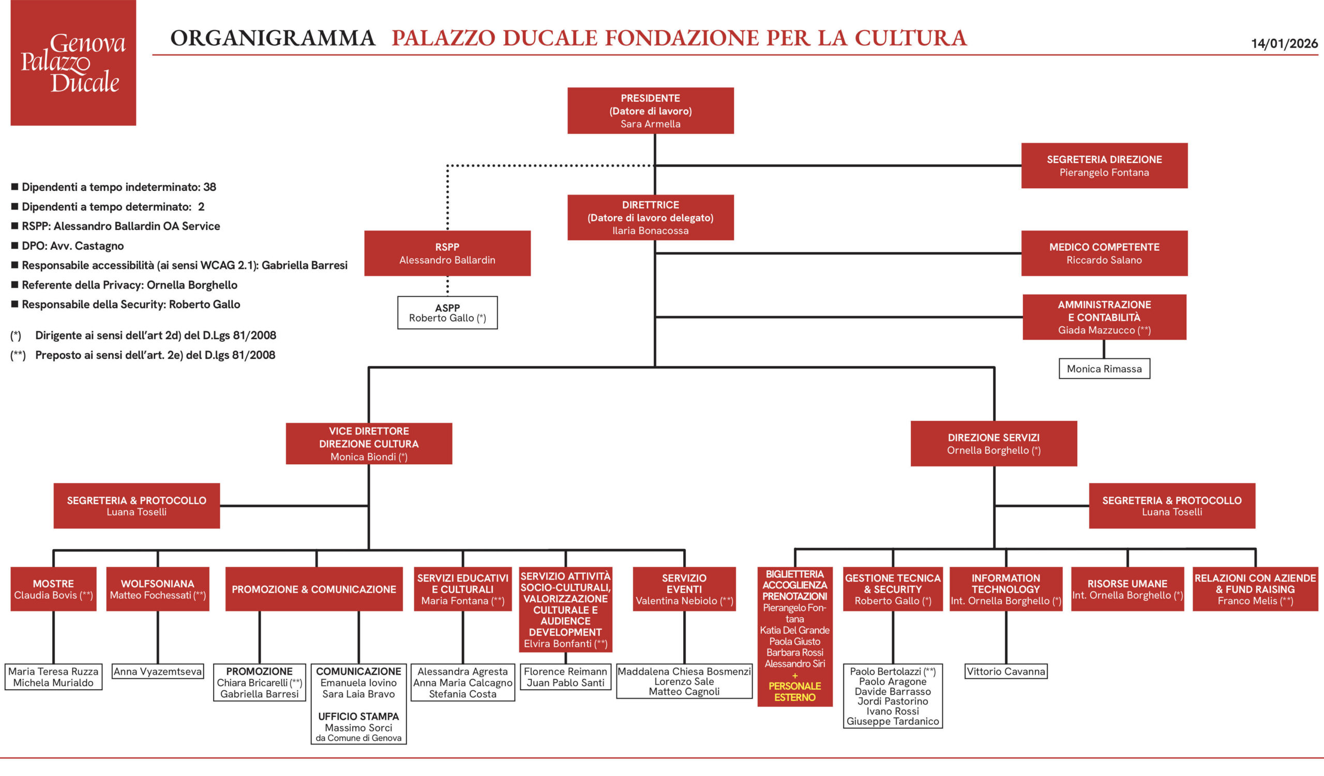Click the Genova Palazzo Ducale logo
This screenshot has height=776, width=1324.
click(x=73, y=63)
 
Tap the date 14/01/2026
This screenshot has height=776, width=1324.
click(x=1284, y=43)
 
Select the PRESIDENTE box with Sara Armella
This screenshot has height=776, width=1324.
click(x=650, y=111)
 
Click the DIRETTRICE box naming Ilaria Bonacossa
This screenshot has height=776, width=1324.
click(x=650, y=217)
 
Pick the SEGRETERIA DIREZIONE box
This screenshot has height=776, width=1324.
click(x=1104, y=165)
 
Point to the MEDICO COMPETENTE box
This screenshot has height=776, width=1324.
click(x=1104, y=253)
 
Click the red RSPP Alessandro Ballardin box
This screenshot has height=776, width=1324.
click(x=447, y=253)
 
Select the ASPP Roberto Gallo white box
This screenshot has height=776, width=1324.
click(x=447, y=313)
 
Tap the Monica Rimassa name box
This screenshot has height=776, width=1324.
click(x=1104, y=369)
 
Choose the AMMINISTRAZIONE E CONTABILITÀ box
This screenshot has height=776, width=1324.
click(x=1104, y=317)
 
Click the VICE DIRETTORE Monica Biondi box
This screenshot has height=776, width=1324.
click(x=369, y=444)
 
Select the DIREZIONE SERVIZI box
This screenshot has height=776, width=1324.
click(x=994, y=444)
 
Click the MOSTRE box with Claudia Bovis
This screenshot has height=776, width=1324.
click(x=53, y=589)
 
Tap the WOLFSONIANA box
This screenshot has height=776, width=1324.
click(x=158, y=589)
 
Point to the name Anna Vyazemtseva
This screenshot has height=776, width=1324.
click(x=158, y=672)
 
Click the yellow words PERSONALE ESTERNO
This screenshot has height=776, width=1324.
click(x=794, y=691)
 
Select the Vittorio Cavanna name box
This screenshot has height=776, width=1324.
click(x=1005, y=672)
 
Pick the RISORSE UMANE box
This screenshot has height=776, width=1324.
click(x=1127, y=589)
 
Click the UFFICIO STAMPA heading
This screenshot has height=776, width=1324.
click(x=358, y=716)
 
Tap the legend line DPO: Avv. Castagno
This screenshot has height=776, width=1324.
click(x=72, y=246)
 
